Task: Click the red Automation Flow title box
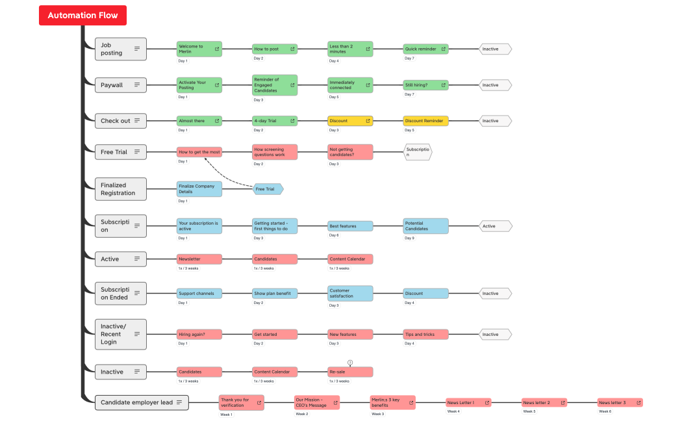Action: click(82, 16)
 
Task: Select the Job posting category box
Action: click(121, 49)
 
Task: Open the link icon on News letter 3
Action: click(638, 403)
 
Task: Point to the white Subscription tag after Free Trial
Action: click(418, 152)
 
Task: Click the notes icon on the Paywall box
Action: click(137, 84)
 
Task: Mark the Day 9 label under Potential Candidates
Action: click(409, 238)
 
